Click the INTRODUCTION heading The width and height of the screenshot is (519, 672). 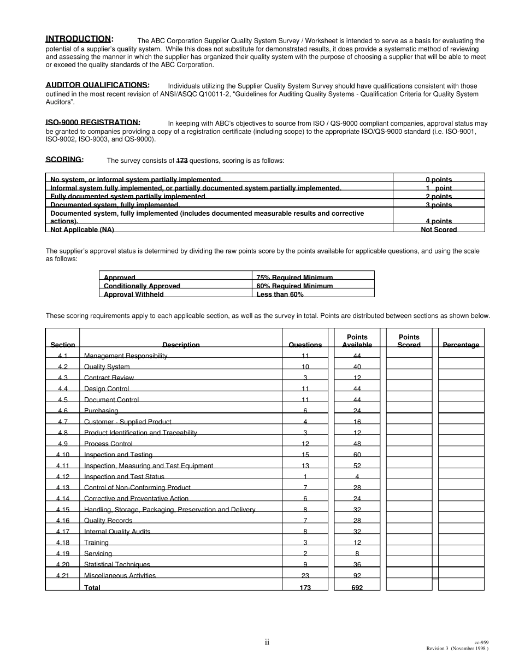tap(79, 39)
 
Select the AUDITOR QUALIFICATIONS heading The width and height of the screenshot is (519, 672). tap(97, 85)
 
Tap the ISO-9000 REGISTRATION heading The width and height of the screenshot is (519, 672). tap(92, 122)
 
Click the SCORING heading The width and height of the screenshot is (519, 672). tap(64, 160)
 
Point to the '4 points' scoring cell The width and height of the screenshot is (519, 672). tap(438, 221)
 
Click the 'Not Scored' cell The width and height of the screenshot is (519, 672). tap(438, 229)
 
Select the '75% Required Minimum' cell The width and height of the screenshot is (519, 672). tap(294, 278)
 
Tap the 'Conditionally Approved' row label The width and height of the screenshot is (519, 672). tap(141, 286)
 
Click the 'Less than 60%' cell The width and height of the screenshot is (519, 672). tap(280, 294)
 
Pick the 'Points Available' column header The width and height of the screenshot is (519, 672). tap(357, 341)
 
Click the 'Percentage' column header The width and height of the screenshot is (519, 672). tap(461, 345)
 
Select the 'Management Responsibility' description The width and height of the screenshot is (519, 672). tap(126, 356)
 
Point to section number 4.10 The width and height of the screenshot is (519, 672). tap(63, 455)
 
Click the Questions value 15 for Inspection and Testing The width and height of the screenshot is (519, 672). tap(305, 455)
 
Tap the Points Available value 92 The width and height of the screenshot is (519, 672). tap(357, 575)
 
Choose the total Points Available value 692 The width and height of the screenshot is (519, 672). tap(357, 587)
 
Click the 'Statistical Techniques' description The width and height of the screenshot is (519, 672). tap(117, 564)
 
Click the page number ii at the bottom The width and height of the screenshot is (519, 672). tap(267, 642)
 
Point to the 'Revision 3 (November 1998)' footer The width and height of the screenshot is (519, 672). tap(457, 649)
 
